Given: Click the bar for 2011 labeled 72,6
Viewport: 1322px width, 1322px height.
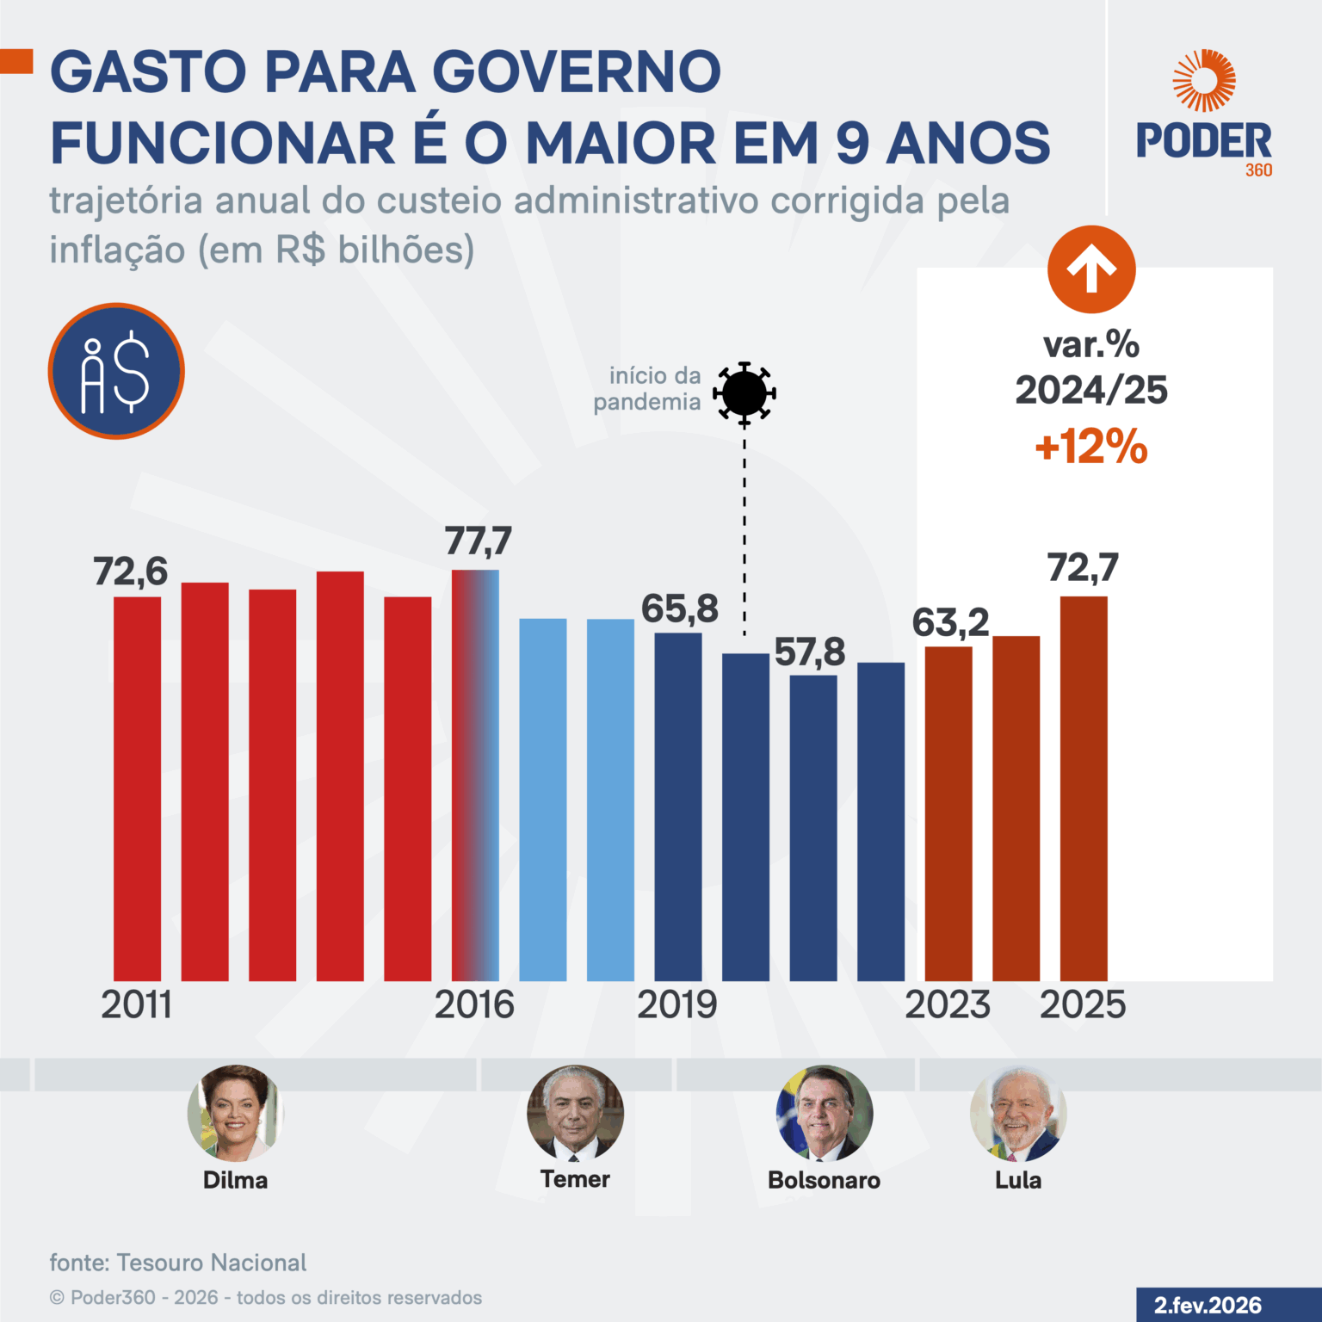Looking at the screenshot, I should tap(137, 788).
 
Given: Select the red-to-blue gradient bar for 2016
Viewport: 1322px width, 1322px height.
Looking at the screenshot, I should tap(475, 775).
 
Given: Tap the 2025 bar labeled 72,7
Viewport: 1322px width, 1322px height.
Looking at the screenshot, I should tap(1084, 788).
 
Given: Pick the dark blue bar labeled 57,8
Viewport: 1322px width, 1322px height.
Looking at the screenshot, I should tap(813, 827).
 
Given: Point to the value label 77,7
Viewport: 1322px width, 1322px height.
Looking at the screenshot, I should tap(478, 541).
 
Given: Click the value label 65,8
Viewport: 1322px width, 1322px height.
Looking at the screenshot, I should tap(679, 609).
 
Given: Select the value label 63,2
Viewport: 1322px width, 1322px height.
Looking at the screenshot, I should tap(950, 623).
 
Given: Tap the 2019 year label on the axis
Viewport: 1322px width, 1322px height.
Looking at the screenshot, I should tap(676, 1004).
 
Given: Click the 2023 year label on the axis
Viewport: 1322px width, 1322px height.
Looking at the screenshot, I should tap(948, 1004).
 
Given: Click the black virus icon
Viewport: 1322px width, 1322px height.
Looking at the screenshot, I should tap(744, 393).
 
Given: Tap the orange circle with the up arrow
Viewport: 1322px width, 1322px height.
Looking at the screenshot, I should tap(1091, 269).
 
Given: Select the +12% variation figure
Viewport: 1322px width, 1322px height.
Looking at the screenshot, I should tap(1091, 447).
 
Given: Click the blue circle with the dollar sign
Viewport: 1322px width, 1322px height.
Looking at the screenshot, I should tap(116, 371).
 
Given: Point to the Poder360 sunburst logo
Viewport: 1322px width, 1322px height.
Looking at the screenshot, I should tap(1203, 81).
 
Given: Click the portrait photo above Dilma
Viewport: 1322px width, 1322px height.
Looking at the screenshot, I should tap(235, 1113).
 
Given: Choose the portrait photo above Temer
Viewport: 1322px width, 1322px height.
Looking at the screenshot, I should tap(575, 1113).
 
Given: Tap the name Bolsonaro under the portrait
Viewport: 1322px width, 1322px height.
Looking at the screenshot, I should tap(824, 1180).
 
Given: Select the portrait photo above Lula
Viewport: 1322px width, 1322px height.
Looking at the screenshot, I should tap(1018, 1113).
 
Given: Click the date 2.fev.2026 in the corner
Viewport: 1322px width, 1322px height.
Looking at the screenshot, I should tap(1208, 1306).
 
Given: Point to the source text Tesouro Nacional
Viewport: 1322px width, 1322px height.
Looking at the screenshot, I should tap(211, 1263).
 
